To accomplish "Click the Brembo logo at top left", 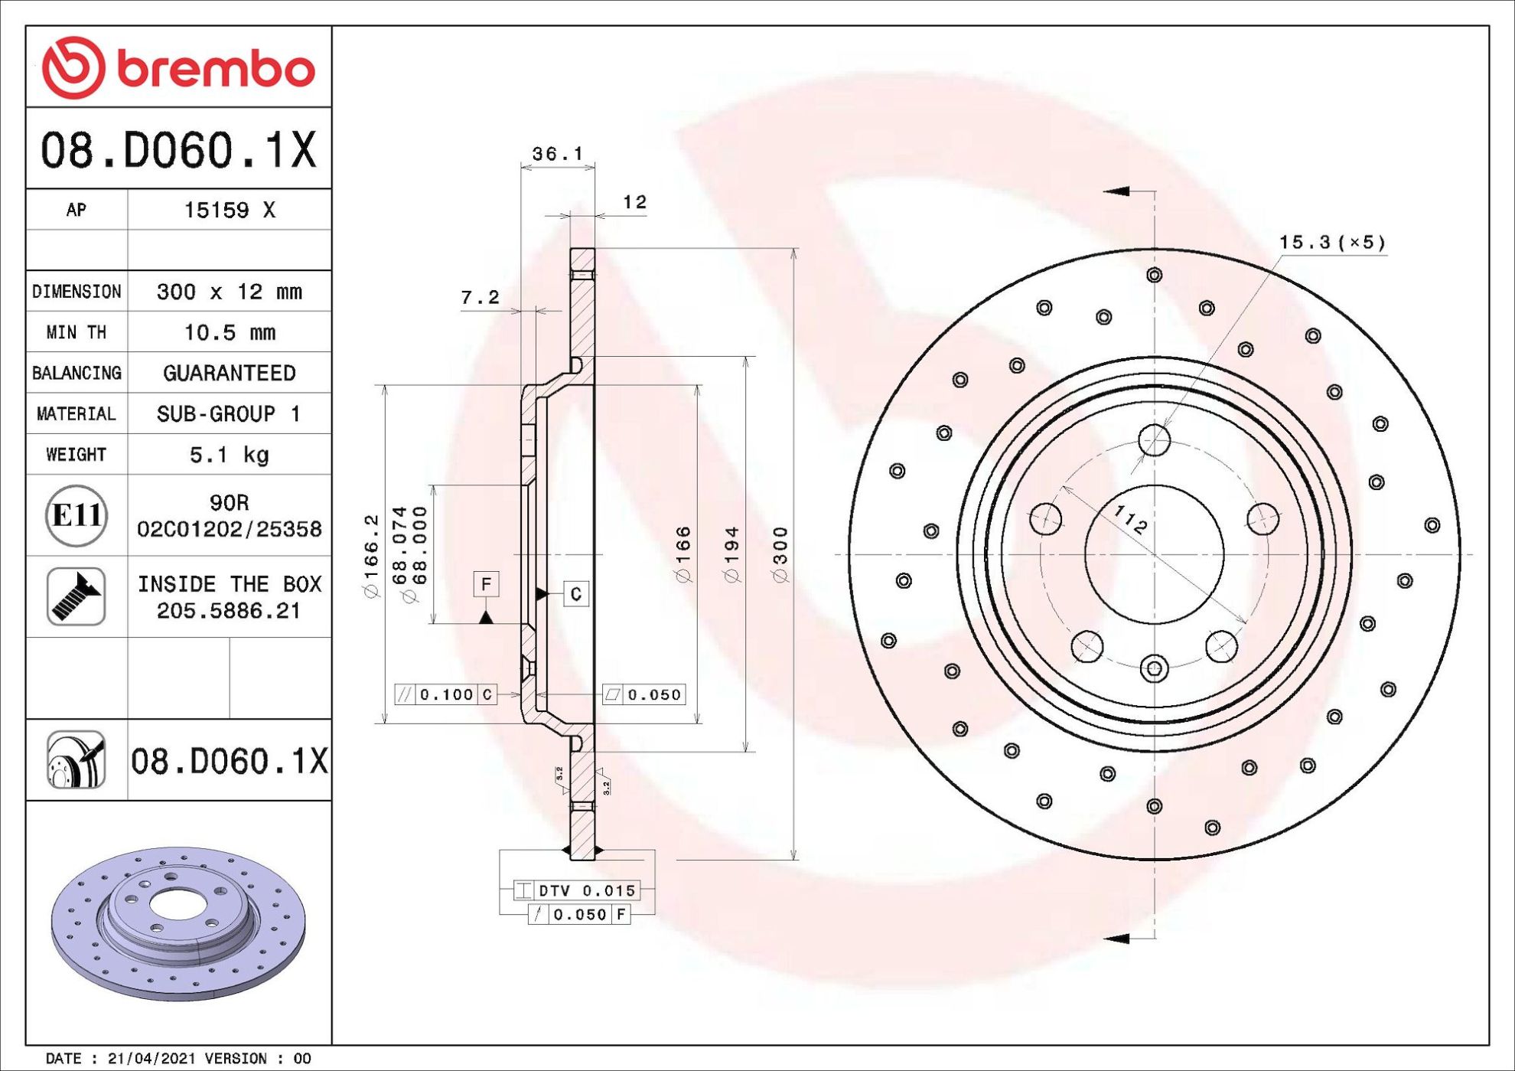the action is tap(178, 67).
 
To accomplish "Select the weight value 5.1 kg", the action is tap(230, 455).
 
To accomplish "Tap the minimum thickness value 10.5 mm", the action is tap(230, 332).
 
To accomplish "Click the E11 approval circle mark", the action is tap(76, 515).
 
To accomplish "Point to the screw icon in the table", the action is tap(76, 596).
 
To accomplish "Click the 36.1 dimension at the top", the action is tap(558, 154).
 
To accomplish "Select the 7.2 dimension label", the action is tap(480, 297).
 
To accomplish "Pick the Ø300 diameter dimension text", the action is tap(780, 555).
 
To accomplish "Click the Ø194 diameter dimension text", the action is tap(731, 555).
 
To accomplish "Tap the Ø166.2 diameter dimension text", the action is tap(371, 557).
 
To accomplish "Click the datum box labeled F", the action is tap(487, 584).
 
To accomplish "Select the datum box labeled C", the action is tap(576, 593).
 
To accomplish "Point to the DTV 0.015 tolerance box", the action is tap(577, 890).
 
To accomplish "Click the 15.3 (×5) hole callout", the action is tap(1332, 243).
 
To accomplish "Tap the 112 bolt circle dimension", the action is tap(1130, 520).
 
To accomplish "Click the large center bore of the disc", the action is tap(1154, 554).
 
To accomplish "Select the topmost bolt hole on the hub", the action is tap(1154, 440).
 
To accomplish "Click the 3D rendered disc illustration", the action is tap(178, 923).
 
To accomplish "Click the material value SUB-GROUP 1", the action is tap(229, 414).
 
